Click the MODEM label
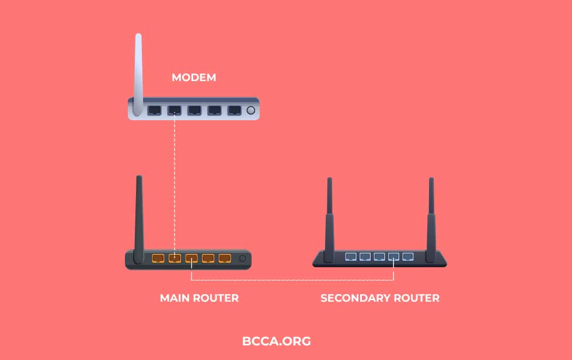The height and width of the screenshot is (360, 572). tap(193, 77)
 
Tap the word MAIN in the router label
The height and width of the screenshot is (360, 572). tap(173, 298)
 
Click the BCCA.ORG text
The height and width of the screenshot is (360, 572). tap(277, 341)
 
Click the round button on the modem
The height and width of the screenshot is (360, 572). tap(252, 110)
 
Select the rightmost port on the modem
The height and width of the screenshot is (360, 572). tap(234, 110)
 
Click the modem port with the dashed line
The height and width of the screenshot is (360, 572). tap(175, 110)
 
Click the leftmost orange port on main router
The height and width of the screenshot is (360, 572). tap(158, 258)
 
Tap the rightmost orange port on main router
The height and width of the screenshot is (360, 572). tap(225, 258)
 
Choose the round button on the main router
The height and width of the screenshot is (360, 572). tap(242, 258)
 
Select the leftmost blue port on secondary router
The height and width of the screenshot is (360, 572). tap(351, 256)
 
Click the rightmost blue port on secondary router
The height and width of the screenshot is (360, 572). tap(408, 256)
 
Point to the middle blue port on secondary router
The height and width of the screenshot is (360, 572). tap(379, 256)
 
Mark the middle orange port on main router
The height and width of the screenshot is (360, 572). tap(191, 258)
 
